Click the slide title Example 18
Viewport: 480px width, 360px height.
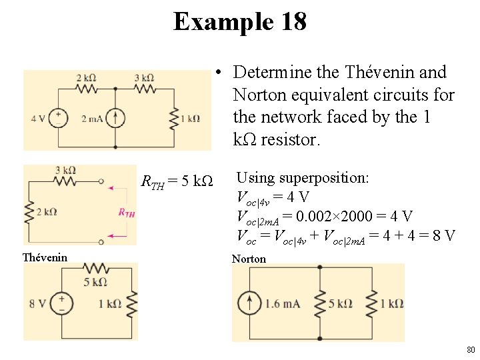240,21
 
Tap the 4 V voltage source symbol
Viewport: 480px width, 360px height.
59,118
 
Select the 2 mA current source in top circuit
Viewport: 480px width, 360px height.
115,118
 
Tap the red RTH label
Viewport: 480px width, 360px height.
126,213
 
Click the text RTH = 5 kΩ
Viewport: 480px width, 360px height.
177,181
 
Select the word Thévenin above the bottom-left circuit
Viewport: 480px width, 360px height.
45,257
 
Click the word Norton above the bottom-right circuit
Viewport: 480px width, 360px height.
249,259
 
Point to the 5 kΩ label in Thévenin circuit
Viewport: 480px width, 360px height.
96,281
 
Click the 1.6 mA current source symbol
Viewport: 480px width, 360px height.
251,303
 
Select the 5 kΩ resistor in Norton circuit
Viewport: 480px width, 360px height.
320,303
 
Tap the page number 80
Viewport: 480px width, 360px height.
470,349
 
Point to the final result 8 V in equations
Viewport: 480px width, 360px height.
442,235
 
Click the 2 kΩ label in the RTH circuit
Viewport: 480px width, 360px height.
47,212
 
